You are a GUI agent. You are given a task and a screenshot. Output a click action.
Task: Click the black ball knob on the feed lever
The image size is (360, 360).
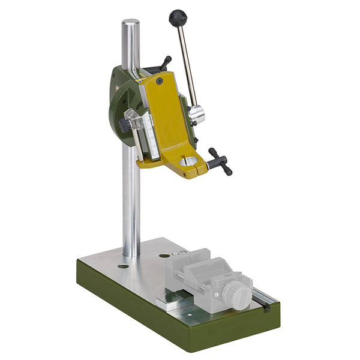click(178, 18)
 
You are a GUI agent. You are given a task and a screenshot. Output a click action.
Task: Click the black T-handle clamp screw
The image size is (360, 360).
click(220, 161)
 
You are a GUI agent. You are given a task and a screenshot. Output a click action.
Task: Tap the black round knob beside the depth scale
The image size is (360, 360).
click(124, 125)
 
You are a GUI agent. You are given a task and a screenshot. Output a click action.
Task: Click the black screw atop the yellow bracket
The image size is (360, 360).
click(160, 80)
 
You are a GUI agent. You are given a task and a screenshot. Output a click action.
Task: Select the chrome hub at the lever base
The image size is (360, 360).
click(197, 115)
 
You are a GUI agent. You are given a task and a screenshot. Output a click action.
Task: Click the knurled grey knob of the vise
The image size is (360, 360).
click(236, 294)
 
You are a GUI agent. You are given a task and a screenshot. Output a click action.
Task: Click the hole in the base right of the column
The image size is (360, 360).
click(164, 256)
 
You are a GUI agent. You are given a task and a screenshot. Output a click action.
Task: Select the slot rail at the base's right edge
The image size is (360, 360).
click(264, 295)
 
